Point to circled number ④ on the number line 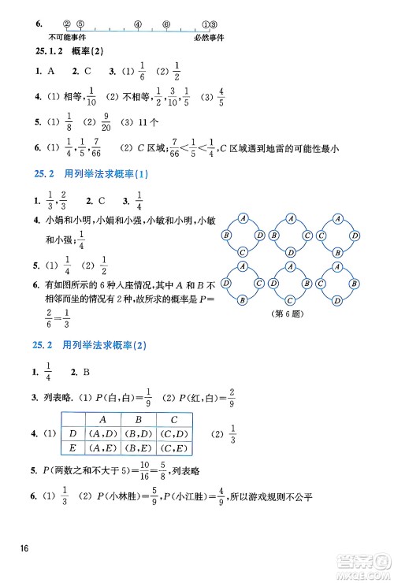pyautogui.click(x=137, y=24)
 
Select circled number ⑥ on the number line pyautogui.click(x=166, y=24)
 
